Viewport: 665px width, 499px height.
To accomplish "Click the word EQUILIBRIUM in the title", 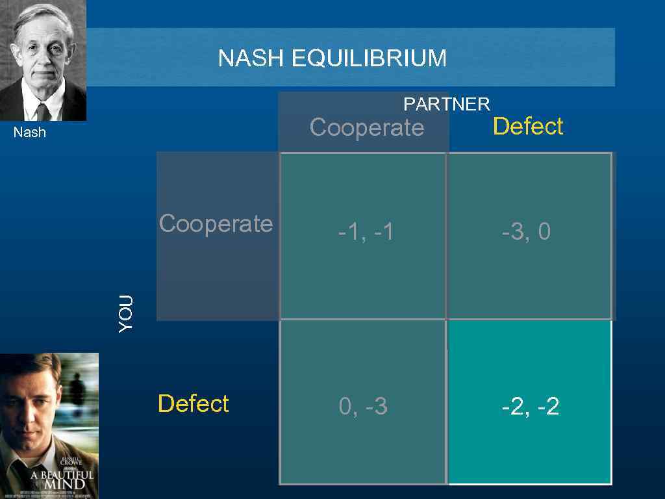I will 369,58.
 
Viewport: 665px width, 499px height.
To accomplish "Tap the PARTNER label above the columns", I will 447,104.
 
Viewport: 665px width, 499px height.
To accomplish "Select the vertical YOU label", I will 126,313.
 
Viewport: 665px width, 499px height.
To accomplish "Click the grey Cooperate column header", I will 366,127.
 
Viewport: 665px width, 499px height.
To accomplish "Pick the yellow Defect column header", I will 528,126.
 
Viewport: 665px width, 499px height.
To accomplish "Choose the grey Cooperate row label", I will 216,224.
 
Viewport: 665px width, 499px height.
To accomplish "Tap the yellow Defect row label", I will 193,403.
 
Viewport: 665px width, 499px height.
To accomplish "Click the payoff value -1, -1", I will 366,232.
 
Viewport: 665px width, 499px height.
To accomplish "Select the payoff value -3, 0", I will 526,232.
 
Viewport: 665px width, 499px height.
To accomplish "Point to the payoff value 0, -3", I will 363,407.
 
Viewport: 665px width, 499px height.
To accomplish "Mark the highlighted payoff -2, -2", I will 530,407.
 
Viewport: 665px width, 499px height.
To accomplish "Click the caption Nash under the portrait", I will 30,133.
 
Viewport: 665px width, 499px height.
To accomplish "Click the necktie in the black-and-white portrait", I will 43,112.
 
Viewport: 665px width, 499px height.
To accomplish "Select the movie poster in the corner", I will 49,426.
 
